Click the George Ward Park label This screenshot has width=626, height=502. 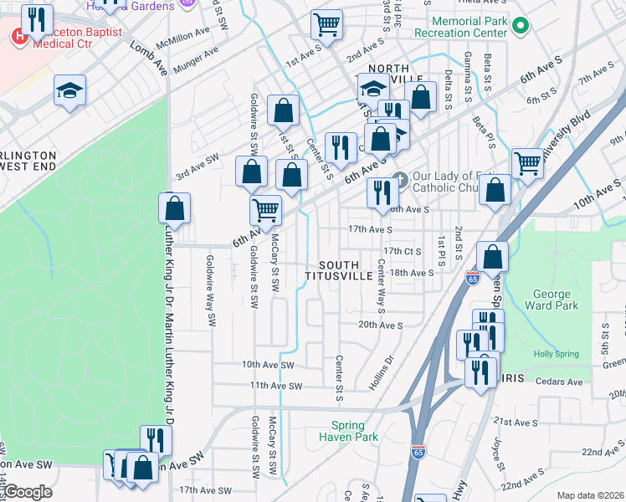click(x=555, y=300)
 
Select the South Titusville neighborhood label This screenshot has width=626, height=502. click(x=338, y=269)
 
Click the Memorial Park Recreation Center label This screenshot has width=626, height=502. click(x=469, y=26)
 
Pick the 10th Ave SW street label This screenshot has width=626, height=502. click(x=268, y=365)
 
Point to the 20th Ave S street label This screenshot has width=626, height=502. click(x=380, y=325)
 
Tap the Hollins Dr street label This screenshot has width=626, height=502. click(x=382, y=374)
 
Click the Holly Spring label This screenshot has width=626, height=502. click(x=557, y=354)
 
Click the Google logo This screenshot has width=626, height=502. click(x=28, y=492)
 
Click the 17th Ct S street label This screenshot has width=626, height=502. click(x=402, y=251)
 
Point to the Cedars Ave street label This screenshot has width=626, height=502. click(x=560, y=382)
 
